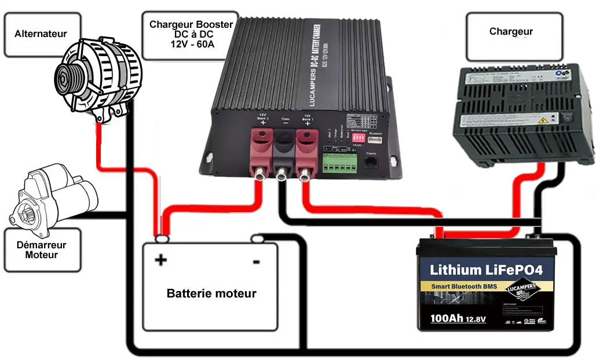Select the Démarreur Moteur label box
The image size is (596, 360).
(42, 250)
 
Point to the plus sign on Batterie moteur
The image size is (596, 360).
(160, 260)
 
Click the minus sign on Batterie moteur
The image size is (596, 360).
(255, 262)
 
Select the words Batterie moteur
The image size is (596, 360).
(211, 293)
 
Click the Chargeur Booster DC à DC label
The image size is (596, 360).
(191, 34)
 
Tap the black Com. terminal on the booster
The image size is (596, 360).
(284, 152)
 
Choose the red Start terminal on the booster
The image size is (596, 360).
(262, 152)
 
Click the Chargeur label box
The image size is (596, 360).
(510, 32)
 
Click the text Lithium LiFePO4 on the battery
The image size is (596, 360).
(486, 270)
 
